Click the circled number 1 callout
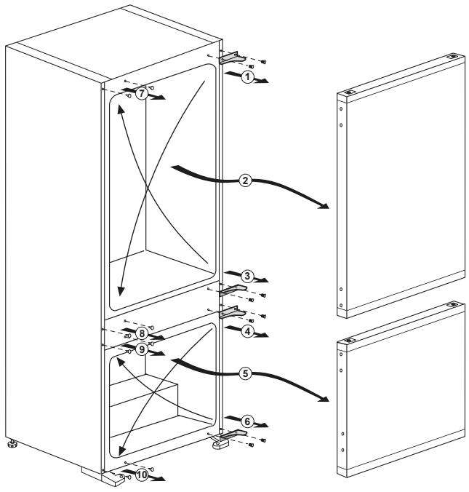(x=249, y=76)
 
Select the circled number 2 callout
(x=246, y=182)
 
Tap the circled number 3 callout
(x=248, y=276)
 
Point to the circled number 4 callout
(x=247, y=330)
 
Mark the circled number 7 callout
(x=142, y=94)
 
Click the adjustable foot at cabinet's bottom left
(x=12, y=443)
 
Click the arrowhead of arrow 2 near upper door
(x=324, y=207)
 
